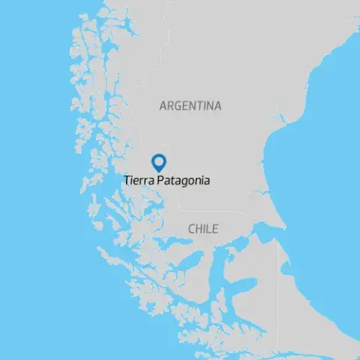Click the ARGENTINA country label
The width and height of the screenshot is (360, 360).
[190, 106]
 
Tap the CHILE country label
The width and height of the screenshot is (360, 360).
[203, 229]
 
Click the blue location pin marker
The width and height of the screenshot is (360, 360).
[158, 162]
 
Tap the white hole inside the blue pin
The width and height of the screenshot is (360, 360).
[158, 160]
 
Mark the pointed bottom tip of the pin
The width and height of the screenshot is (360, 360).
[158, 170]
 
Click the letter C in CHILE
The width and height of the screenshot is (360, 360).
[192, 229]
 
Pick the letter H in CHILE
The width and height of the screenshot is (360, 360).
[199, 229]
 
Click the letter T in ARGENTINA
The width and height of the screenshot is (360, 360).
[200, 106]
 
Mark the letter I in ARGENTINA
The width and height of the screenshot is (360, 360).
[205, 106]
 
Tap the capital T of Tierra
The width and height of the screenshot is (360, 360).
[127, 181]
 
